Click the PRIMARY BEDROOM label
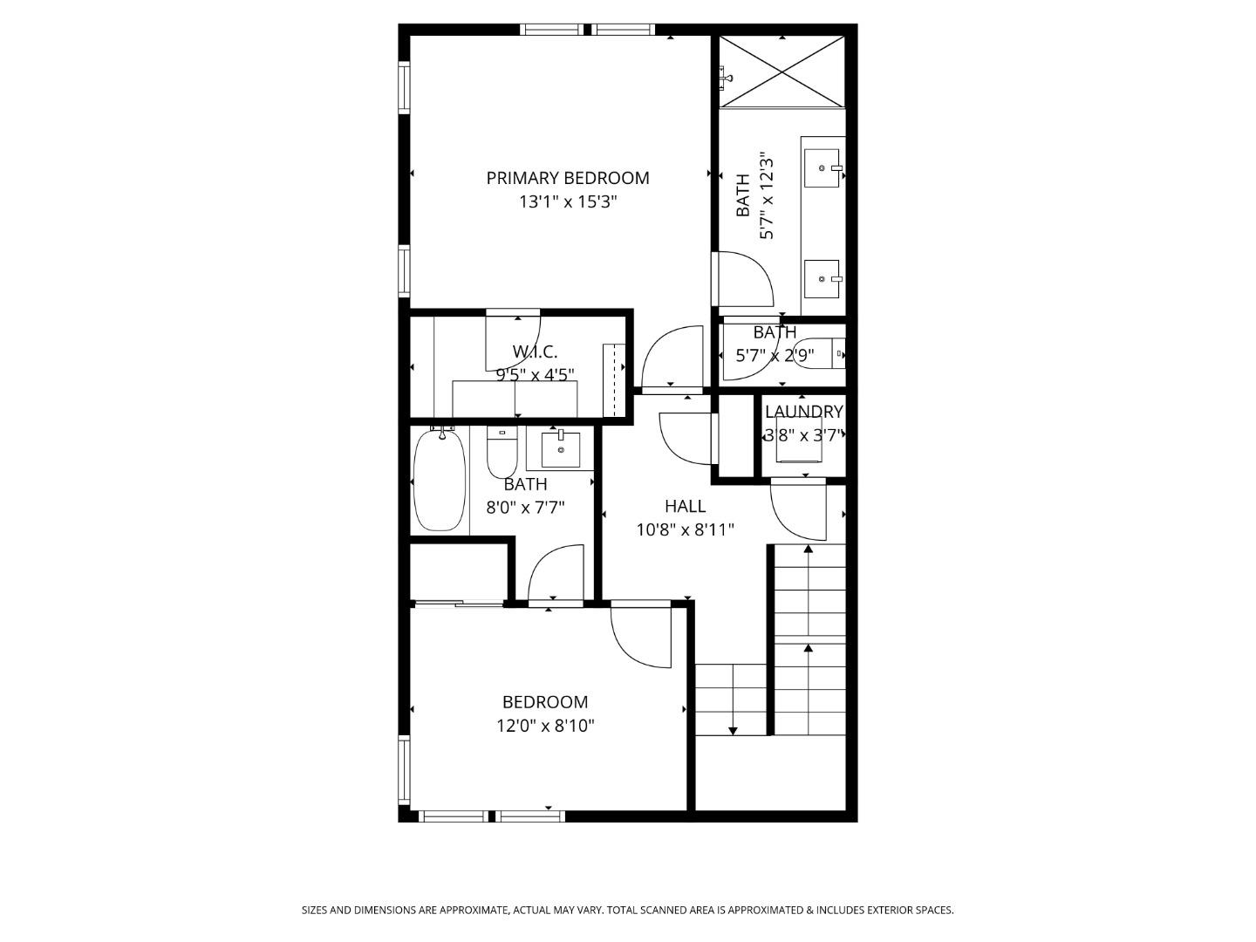click(567, 178)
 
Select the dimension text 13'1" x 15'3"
click(567, 202)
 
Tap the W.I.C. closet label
click(535, 352)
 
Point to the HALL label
click(685, 506)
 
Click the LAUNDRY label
click(803, 412)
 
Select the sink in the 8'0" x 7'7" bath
click(560, 449)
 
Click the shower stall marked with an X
click(782, 72)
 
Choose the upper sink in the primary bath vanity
click(822, 167)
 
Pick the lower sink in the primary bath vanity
click(822, 279)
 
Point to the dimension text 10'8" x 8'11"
click(685, 529)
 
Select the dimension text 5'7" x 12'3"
click(767, 196)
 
